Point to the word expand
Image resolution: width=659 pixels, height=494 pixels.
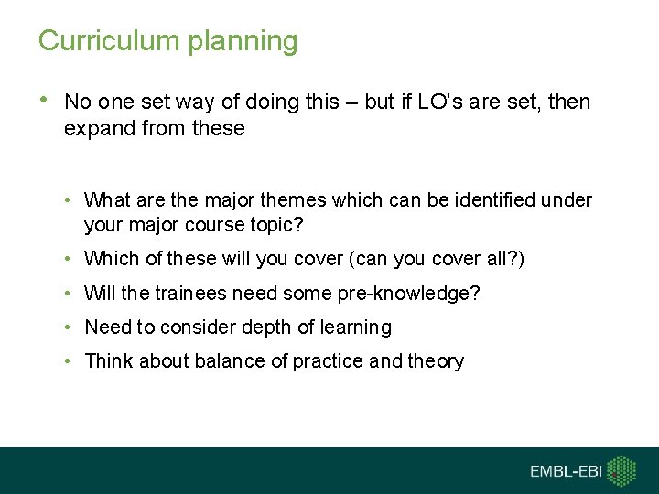click(95, 129)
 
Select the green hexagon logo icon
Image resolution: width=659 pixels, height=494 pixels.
click(623, 470)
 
